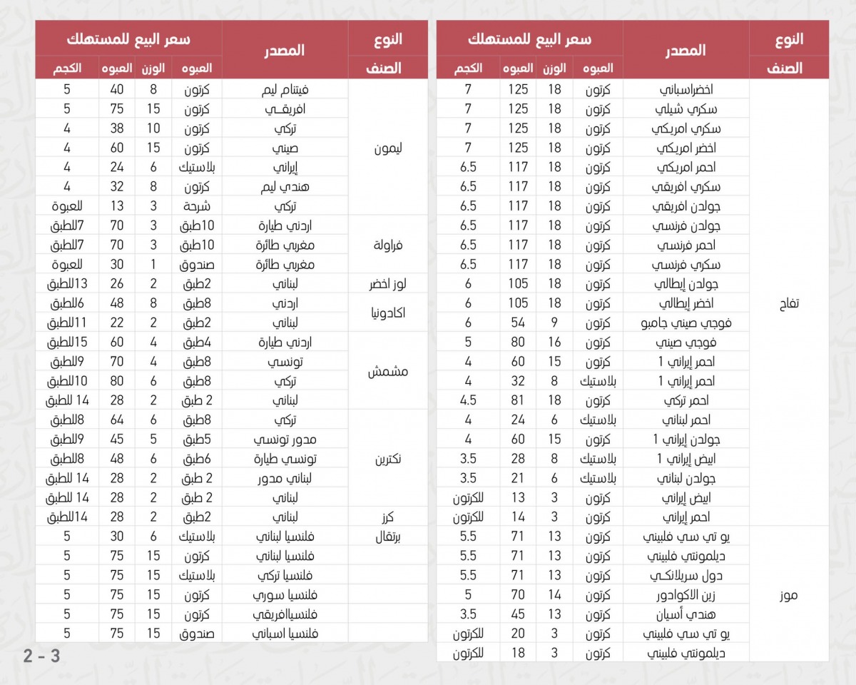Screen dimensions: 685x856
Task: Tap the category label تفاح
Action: point(789,303)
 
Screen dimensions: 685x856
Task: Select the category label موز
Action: point(789,594)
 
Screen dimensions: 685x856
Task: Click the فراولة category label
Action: point(388,245)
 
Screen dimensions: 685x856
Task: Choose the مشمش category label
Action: point(388,371)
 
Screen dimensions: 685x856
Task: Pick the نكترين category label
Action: point(388,459)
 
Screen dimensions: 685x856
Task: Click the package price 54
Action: point(518,323)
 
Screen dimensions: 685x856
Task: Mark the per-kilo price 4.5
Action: point(468,400)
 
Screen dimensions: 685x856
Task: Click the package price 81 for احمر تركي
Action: point(518,400)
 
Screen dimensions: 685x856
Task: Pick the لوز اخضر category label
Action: point(388,284)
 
